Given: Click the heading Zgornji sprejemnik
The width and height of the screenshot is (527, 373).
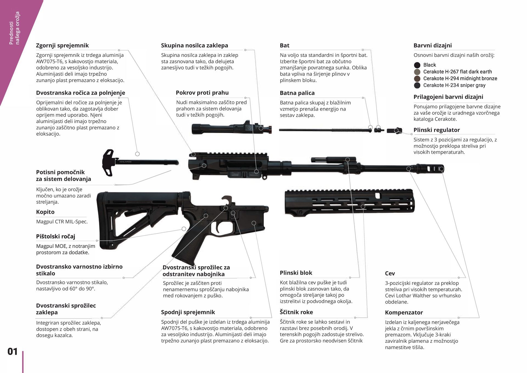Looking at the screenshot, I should pos(62,46).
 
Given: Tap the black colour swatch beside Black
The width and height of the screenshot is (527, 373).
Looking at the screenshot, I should pos(417,65).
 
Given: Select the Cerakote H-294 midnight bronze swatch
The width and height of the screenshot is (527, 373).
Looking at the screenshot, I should pos(417,79).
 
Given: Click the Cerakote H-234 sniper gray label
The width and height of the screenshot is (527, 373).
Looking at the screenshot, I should pos(454,85).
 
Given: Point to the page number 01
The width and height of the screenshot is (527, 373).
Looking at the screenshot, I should pos(12,352).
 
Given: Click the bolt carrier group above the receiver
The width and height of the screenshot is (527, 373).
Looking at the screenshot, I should pos(231,129).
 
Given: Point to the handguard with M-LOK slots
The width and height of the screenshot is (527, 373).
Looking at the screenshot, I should pos(349,202).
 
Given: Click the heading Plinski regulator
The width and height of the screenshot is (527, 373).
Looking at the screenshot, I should pos(436,130).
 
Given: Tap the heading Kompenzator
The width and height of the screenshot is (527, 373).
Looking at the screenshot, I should pos(403,313).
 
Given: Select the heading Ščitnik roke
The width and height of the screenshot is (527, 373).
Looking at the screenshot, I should pos(296,312).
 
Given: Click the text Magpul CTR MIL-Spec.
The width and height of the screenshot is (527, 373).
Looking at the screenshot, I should pos(62,222).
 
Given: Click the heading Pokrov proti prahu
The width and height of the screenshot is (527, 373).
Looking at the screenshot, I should pos(202,93).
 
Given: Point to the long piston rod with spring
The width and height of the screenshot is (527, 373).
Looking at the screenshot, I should pos(324,130).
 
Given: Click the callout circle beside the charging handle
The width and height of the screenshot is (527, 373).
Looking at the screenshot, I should pos(137,154).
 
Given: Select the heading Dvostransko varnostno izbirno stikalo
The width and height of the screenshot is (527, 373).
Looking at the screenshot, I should pos(79,270).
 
